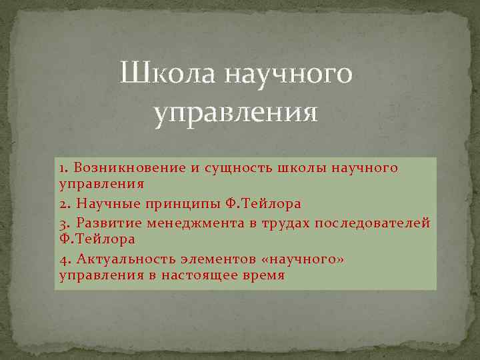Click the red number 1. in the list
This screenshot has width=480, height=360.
64,167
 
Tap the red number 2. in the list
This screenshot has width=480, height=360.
65,203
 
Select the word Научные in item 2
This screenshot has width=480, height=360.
105,203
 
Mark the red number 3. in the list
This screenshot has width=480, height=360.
65,221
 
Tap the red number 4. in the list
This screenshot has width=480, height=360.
65,257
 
